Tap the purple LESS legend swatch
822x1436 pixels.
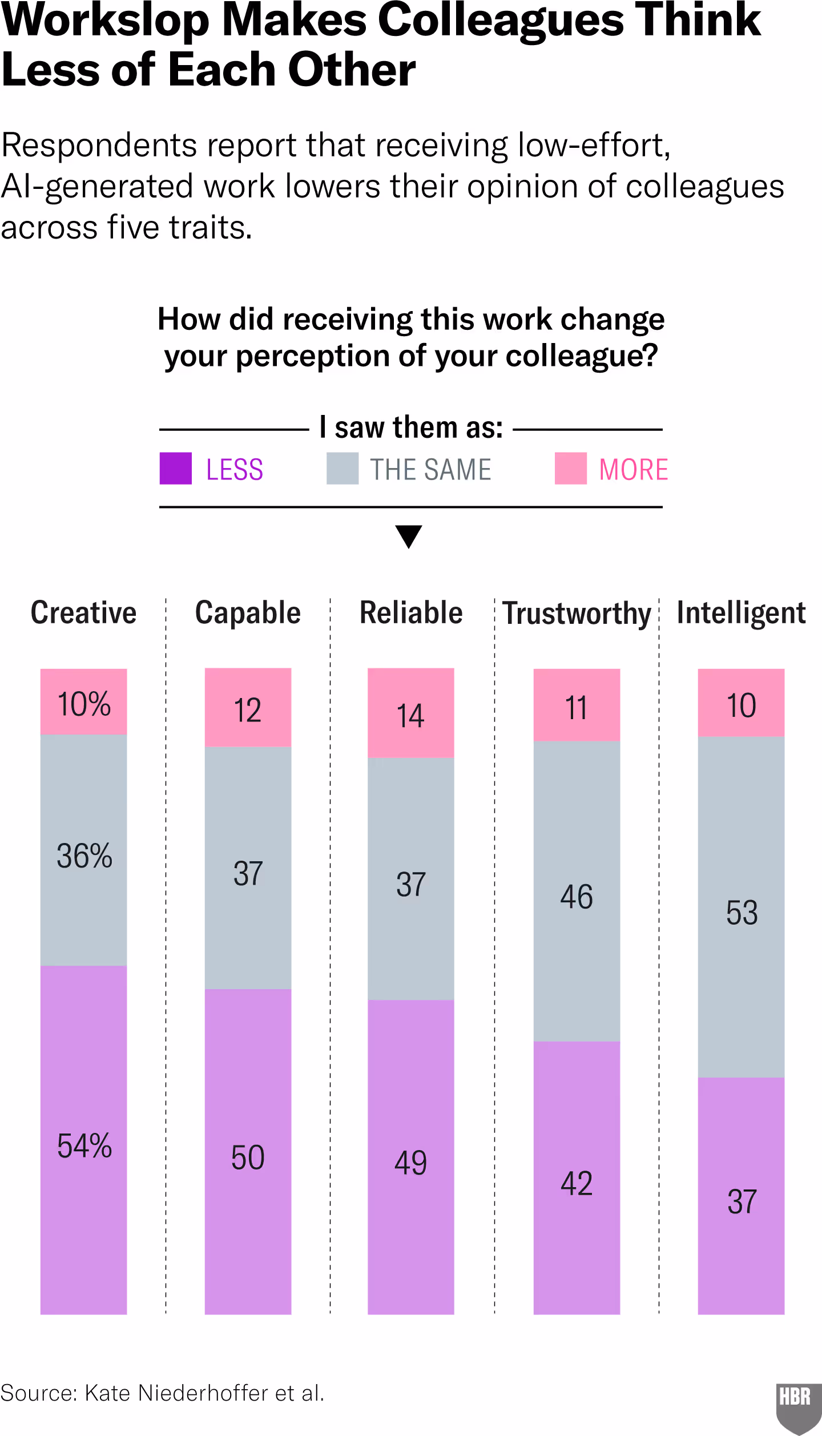[175, 469]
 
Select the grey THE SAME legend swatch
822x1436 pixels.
[342, 469]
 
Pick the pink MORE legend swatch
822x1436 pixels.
[570, 469]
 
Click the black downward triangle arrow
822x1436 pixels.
[409, 536]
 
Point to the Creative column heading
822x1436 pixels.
[83, 613]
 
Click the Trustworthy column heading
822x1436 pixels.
[577, 614]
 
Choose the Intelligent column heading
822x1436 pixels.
[741, 613]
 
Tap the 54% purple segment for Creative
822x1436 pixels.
[83, 1141]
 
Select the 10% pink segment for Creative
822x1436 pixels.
[83, 702]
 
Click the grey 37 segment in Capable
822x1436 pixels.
[248, 868]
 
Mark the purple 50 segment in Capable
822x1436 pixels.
[248, 1153]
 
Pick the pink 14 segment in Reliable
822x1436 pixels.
[410, 713]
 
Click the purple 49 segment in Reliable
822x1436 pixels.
[410, 1159]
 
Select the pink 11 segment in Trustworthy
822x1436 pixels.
[577, 705]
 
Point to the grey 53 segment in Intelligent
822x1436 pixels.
[741, 907]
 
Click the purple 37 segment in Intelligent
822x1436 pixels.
[741, 1199]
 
